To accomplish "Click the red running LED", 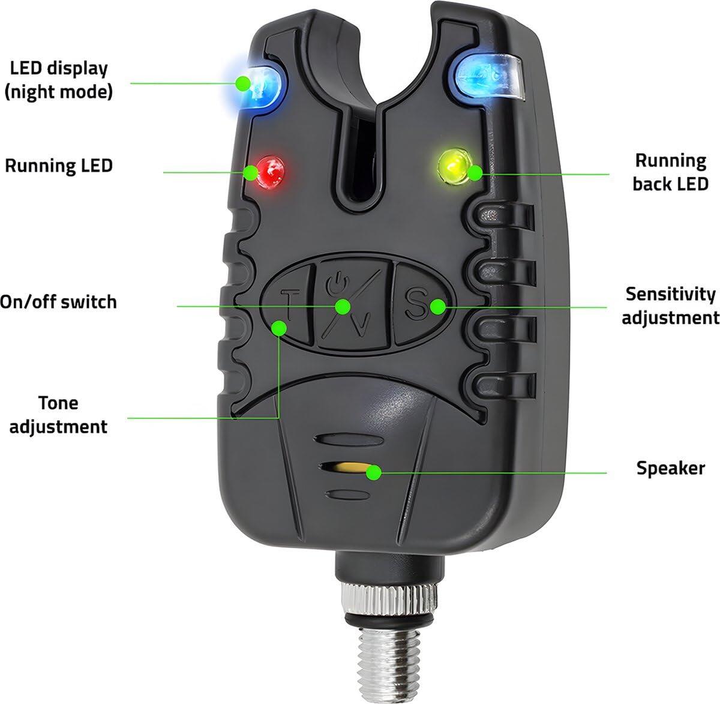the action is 269,172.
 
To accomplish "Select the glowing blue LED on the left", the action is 260,88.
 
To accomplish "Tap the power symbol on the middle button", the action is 336,283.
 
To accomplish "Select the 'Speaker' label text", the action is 670,468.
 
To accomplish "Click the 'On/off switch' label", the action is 58,302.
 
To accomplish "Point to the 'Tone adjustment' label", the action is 58,415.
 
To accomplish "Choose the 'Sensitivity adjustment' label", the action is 670,305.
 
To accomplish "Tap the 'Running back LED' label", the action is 670,172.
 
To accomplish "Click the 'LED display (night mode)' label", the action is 58,80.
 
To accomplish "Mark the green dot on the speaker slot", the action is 374,473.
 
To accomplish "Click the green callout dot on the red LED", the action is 251,172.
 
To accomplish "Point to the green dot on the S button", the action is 438,307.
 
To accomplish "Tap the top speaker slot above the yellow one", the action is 349,440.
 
